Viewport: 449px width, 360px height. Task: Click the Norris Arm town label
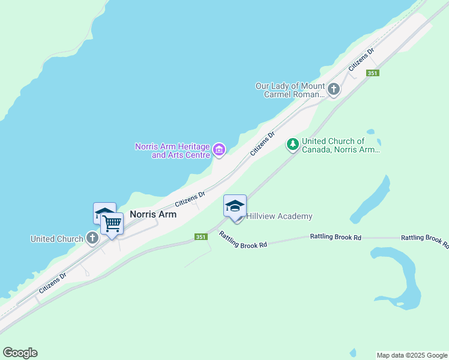click(153, 214)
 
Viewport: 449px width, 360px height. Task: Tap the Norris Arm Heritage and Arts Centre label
click(172, 151)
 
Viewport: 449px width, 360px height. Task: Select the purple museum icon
click(219, 149)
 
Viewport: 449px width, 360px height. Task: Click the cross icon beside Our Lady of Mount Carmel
click(334, 90)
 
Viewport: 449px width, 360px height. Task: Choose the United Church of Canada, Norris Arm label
click(340, 146)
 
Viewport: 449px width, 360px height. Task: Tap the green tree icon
click(292, 144)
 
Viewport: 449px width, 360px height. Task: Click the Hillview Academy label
click(279, 216)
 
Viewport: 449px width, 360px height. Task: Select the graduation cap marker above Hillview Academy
click(235, 206)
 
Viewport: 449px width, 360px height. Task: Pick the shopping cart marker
click(112, 224)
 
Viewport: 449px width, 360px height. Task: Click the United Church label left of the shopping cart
click(57, 239)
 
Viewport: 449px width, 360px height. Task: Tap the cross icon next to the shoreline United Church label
click(92, 238)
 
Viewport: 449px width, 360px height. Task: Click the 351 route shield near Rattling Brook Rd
click(202, 237)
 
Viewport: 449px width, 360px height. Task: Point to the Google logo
click(20, 353)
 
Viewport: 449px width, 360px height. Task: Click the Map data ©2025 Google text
click(412, 355)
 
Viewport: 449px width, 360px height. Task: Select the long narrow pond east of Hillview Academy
click(371, 199)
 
